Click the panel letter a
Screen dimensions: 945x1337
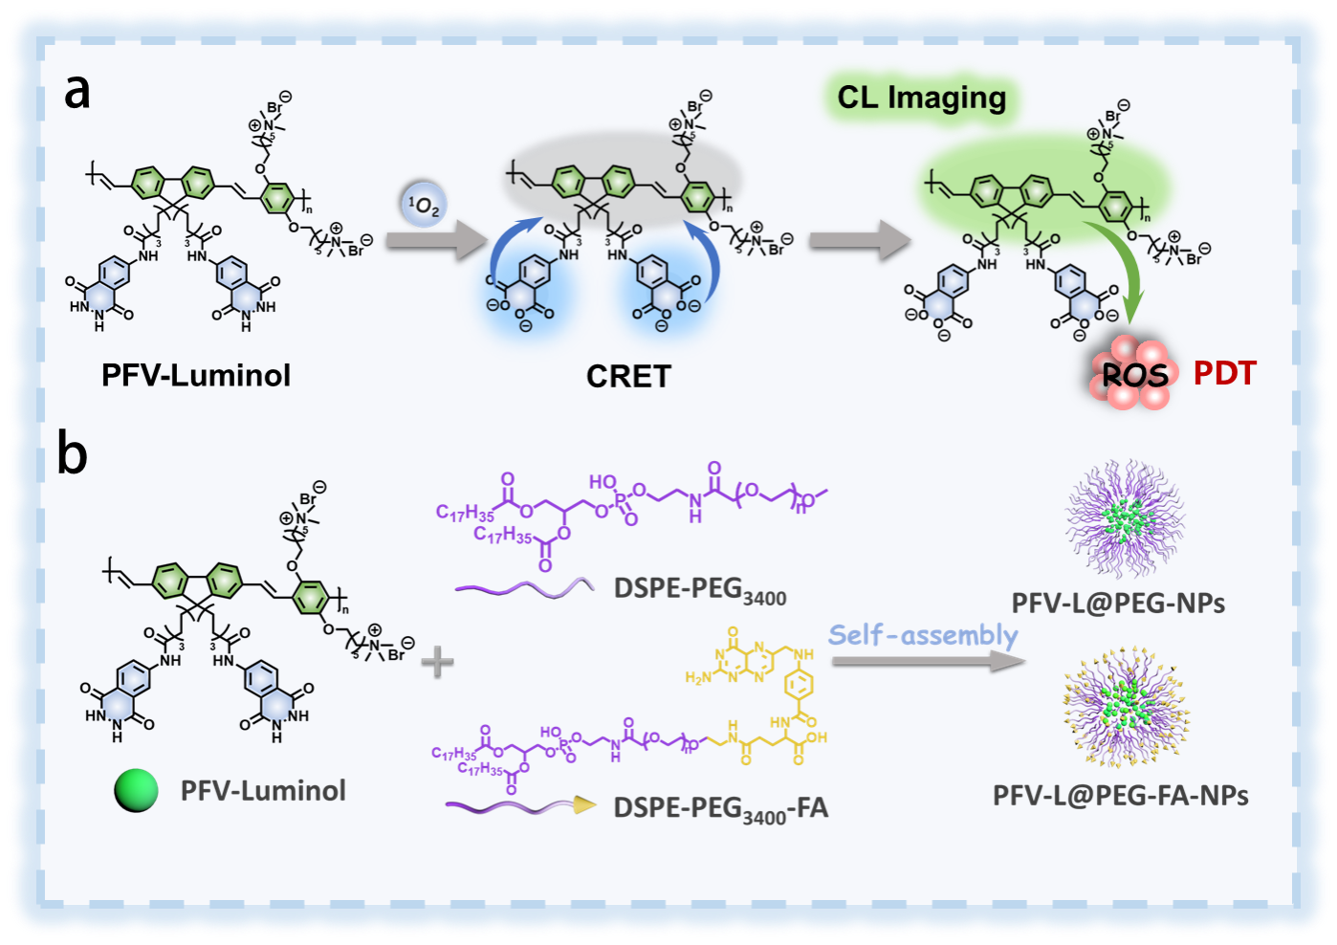(77, 93)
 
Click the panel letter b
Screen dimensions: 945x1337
(73, 453)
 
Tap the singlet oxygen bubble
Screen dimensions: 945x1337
(424, 205)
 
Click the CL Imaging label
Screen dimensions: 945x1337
(921, 98)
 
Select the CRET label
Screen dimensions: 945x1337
(628, 376)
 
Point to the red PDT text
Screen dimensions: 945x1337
(1224, 373)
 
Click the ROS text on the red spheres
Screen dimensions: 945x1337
(1134, 374)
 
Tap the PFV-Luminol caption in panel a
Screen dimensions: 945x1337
(196, 375)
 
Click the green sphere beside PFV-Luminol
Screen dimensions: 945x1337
(136, 791)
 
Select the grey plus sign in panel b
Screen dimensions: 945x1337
(437, 661)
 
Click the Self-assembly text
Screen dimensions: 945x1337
(923, 635)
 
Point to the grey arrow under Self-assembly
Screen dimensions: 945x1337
(928, 661)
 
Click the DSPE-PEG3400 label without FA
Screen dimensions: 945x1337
(700, 590)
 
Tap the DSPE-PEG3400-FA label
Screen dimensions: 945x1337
(720, 809)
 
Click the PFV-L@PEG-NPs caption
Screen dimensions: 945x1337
(1118, 603)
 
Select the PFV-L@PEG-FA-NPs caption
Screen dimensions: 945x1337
(1120, 796)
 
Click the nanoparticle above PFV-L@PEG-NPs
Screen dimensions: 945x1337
(1125, 517)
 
